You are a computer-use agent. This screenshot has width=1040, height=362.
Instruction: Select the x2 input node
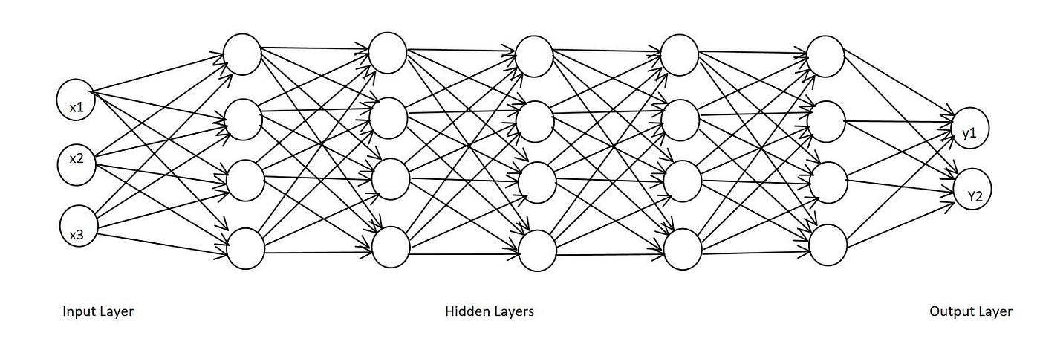coord(76,159)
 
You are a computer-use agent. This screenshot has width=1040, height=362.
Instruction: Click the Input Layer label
coord(98,312)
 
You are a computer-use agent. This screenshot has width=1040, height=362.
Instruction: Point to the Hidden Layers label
coord(490,312)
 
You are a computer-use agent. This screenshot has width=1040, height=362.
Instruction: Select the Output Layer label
coord(970,312)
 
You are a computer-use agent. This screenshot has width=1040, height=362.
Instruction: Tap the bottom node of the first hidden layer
coord(246,248)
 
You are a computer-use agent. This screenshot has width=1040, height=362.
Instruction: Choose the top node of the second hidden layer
coord(387,53)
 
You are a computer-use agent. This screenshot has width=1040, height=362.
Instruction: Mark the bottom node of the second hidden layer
coord(391,248)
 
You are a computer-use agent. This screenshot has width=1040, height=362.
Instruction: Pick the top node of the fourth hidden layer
coord(679,55)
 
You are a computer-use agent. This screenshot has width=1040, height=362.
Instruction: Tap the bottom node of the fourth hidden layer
coord(683,250)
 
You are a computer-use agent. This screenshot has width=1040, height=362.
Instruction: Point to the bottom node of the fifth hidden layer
coord(828,245)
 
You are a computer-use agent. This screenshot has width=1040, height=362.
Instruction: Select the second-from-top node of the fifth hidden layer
coord(826,121)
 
